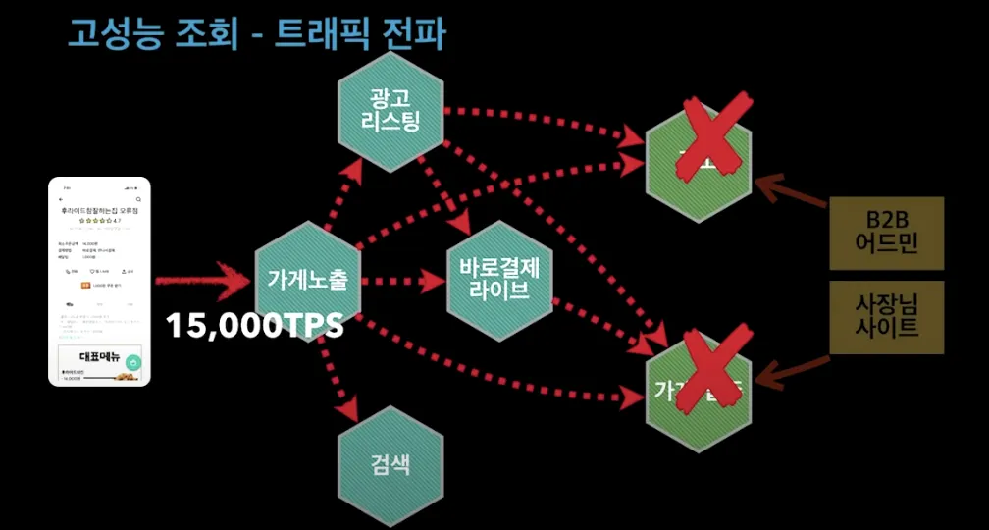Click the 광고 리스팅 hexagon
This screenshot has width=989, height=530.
pos(390,109)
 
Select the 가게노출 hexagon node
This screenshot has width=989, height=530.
pos(307,279)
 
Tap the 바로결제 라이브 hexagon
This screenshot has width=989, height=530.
pos(500,278)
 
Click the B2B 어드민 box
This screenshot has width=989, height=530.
pos(886,233)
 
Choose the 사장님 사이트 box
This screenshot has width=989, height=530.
pos(886,317)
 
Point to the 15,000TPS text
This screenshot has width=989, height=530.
pos(254,326)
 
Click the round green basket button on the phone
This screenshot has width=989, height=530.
pos(133,362)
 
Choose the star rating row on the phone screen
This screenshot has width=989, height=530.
pos(97,221)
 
